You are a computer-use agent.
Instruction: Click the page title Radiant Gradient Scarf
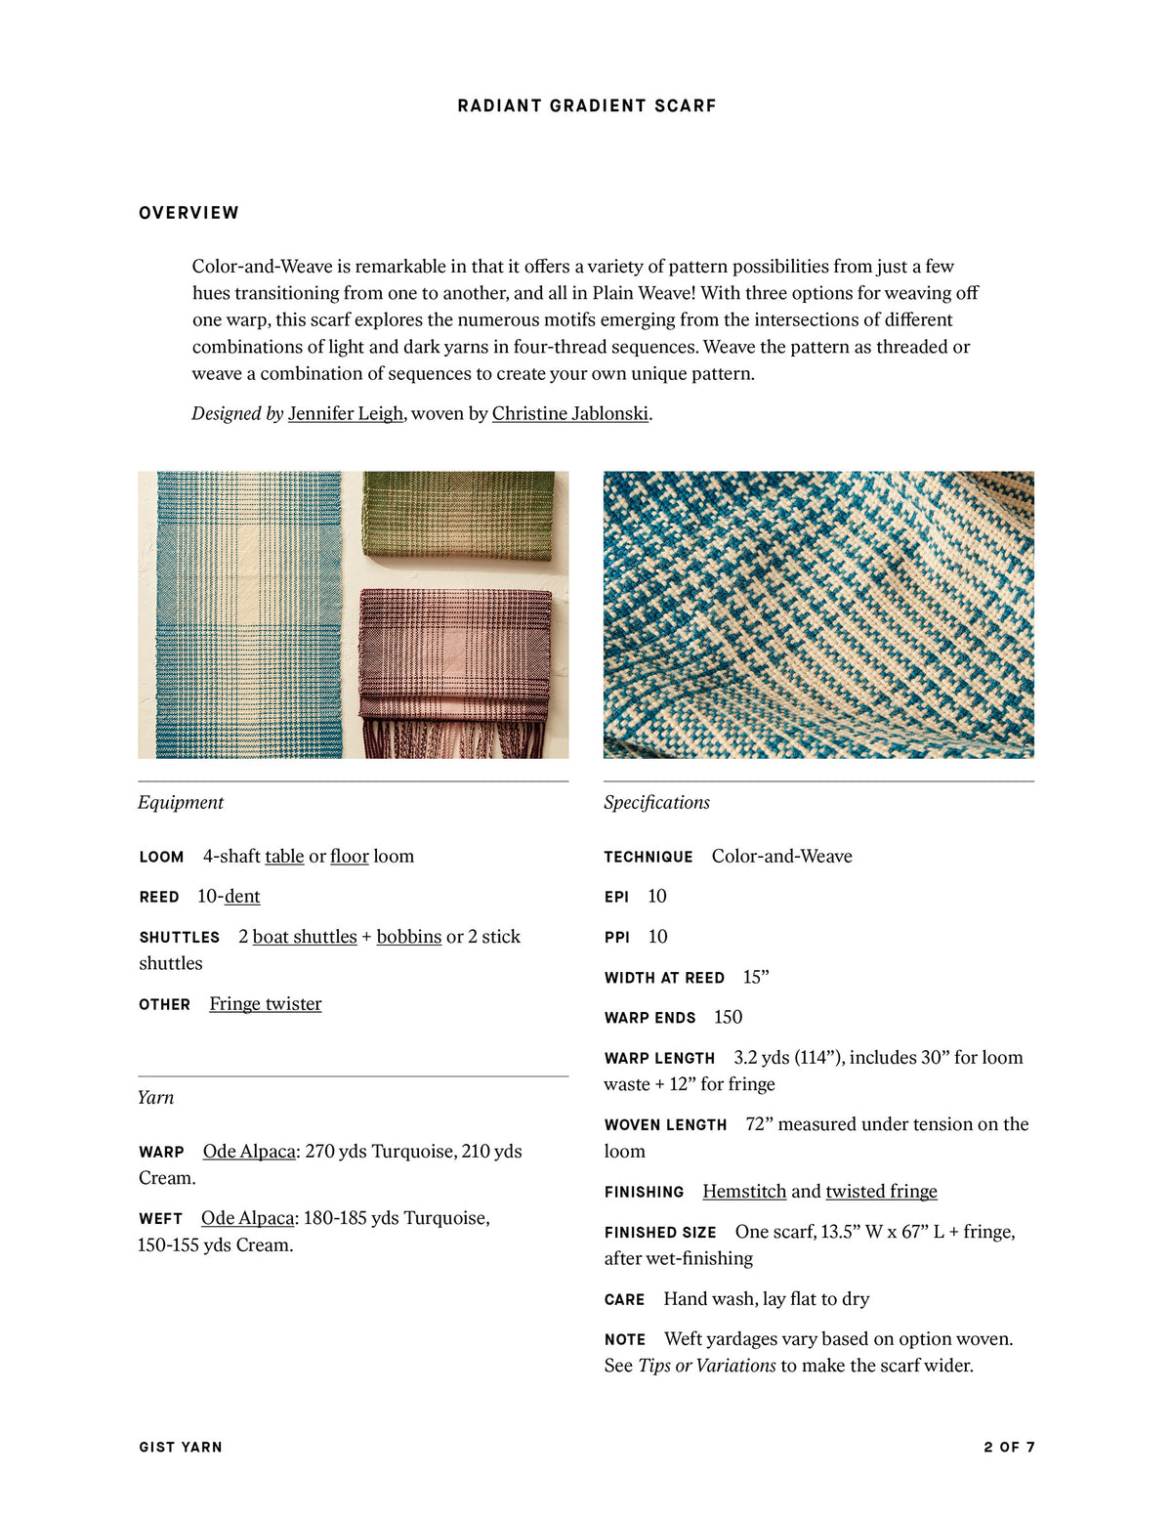pyautogui.click(x=586, y=105)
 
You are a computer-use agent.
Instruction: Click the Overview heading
pyautogui.click(x=188, y=213)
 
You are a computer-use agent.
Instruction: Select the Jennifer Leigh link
pyautogui.click(x=345, y=413)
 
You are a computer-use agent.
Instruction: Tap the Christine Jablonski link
pyautogui.click(x=569, y=413)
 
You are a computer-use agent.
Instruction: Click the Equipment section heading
pyautogui.click(x=181, y=802)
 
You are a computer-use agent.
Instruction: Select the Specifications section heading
pyautogui.click(x=656, y=802)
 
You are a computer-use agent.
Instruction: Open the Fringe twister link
pyautogui.click(x=265, y=1003)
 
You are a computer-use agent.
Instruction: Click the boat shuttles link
pyautogui.click(x=305, y=936)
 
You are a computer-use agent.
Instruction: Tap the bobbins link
pyautogui.click(x=408, y=936)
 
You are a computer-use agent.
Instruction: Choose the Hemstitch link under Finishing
pyautogui.click(x=744, y=1191)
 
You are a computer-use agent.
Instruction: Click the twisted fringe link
pyautogui.click(x=881, y=1191)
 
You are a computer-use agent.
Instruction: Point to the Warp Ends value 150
pyautogui.click(x=728, y=1017)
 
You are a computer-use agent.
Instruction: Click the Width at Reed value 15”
pyautogui.click(x=756, y=977)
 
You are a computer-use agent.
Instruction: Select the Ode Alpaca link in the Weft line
pyautogui.click(x=247, y=1217)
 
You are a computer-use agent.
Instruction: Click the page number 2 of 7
pyautogui.click(x=1009, y=1447)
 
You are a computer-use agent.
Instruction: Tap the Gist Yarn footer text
pyautogui.click(x=181, y=1447)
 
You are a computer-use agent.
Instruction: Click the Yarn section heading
pyautogui.click(x=155, y=1097)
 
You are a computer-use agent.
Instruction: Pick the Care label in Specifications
pyautogui.click(x=624, y=1299)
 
